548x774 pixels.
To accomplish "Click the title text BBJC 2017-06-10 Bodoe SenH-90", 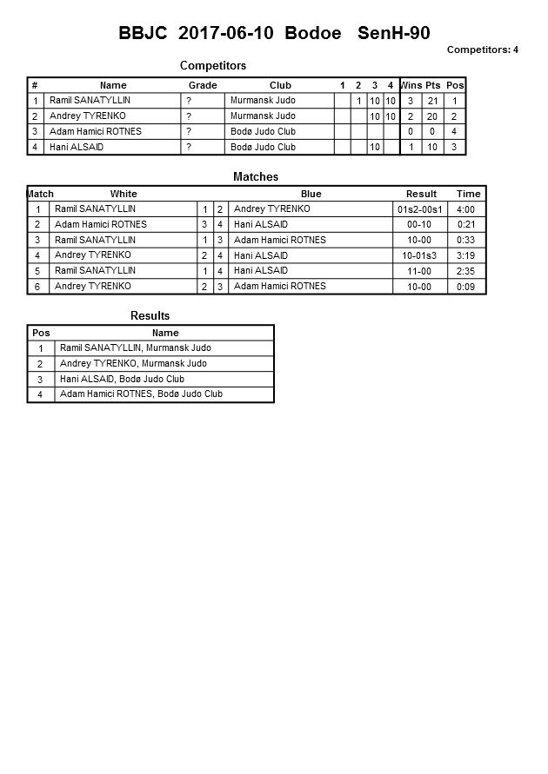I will pos(274,34).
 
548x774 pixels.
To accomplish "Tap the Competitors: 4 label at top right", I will pos(482,50).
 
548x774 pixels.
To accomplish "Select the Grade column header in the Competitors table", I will pos(203,85).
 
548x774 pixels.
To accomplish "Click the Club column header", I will pos(280,85).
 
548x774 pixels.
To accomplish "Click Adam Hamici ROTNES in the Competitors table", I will pos(95,132).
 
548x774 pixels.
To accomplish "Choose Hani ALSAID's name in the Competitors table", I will pos(76,148).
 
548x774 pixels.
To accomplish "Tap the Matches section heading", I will pos(256,176).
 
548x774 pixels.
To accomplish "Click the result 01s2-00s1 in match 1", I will pos(421,209).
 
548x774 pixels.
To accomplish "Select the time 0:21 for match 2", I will pos(466,225).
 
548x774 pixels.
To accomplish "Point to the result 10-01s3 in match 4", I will pos(419,256).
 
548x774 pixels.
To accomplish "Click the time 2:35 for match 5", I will pos(466,271).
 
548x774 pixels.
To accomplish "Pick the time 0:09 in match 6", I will pos(466,287).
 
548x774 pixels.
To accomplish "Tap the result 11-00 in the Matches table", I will pos(419,271).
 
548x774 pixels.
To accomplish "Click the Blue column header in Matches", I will pos(311,194).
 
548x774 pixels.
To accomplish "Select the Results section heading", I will pos(150,315).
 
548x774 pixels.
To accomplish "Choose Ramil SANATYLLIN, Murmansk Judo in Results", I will pos(135,347).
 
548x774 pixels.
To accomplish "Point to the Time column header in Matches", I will pos(468,194).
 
